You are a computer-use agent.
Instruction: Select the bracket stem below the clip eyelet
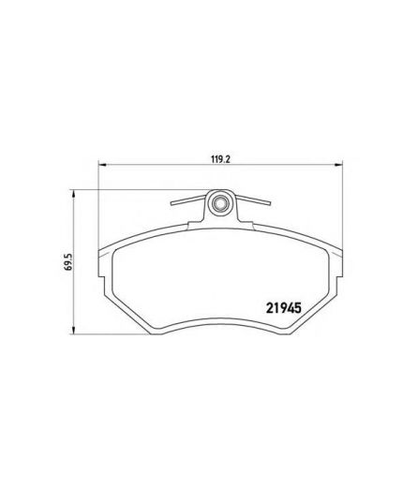tap(222, 219)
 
